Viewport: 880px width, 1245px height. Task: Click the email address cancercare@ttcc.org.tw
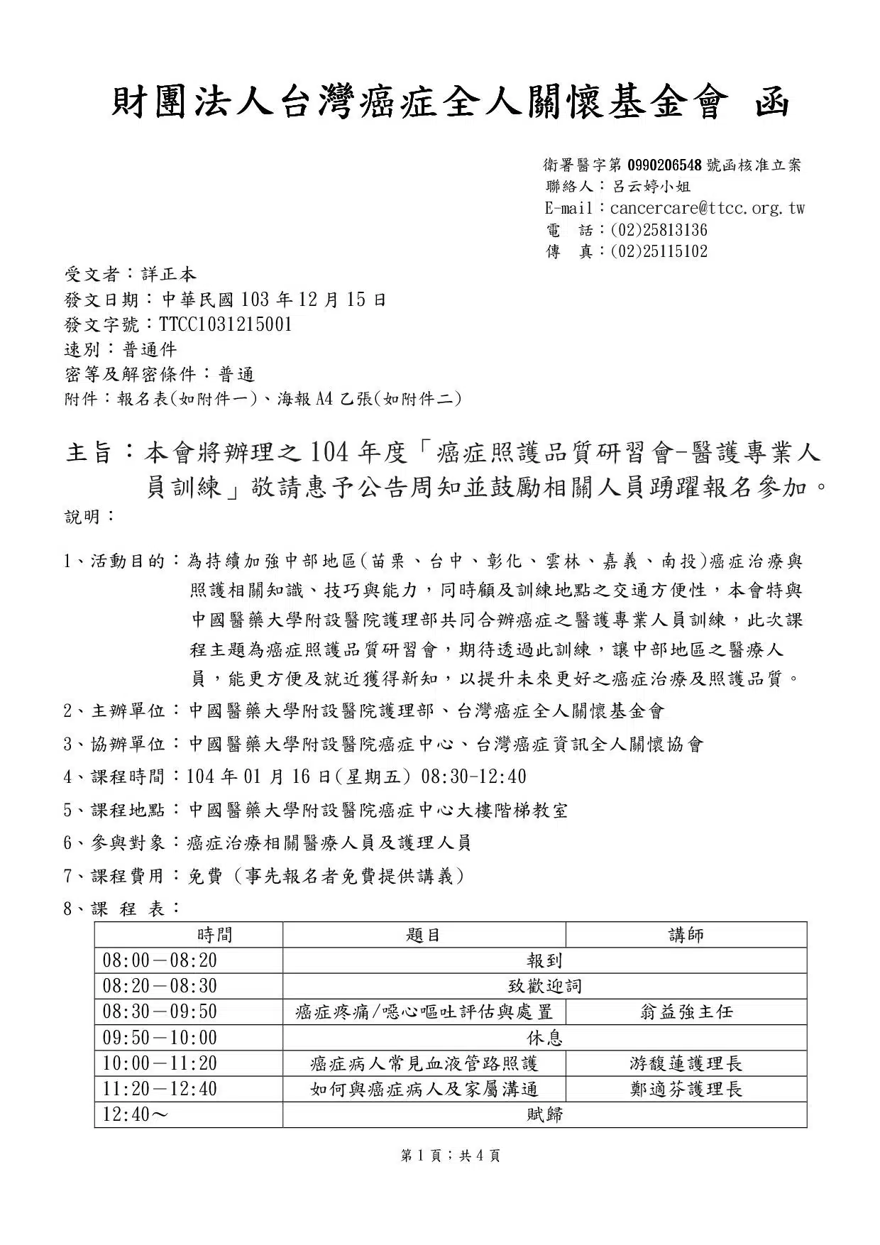[x=707, y=209]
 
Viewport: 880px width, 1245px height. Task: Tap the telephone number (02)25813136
[x=659, y=230]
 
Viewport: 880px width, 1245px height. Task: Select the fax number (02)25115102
[x=659, y=251]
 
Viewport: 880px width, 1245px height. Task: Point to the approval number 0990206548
[x=664, y=165]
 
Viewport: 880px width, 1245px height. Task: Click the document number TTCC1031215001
[x=226, y=324]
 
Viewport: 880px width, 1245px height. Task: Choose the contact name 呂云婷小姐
[x=651, y=187]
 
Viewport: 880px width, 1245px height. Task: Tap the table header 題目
[x=424, y=934]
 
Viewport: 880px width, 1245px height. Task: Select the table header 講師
[x=686, y=934]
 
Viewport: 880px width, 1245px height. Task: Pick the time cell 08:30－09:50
[x=160, y=1011]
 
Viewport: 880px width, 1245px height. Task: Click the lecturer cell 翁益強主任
[x=686, y=1011]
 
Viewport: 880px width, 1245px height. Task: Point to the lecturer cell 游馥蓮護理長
[x=686, y=1063]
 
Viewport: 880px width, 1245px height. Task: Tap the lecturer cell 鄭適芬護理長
[x=686, y=1089]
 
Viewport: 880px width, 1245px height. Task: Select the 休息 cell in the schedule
[x=544, y=1038]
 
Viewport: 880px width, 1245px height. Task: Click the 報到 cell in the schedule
[x=544, y=960]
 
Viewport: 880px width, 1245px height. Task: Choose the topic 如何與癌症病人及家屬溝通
[x=424, y=1089]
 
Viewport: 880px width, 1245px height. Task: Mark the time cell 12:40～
[x=136, y=1114]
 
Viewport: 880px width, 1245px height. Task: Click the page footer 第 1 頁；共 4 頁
[x=451, y=1156]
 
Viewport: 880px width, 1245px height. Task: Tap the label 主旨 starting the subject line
[x=89, y=452]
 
